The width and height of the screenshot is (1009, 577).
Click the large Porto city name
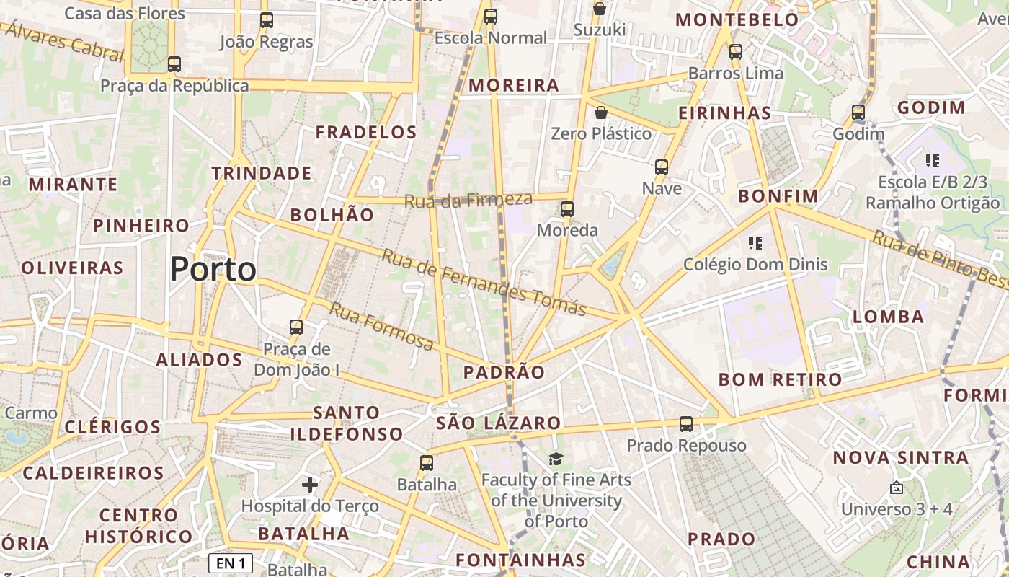(x=213, y=270)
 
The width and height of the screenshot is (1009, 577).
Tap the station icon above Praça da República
(x=174, y=63)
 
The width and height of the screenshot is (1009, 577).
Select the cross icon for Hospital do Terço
(x=310, y=484)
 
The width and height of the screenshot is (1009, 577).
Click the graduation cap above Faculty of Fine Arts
(x=556, y=459)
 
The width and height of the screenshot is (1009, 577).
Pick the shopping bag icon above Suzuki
(x=599, y=9)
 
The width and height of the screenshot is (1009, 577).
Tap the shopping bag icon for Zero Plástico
(x=600, y=113)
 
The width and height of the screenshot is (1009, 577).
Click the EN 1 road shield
(x=231, y=563)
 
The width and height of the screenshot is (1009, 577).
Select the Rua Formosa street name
(x=381, y=326)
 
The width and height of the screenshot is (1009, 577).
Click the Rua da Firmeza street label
(x=468, y=200)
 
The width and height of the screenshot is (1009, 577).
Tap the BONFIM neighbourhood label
(x=778, y=196)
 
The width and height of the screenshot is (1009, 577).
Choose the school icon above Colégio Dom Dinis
(x=755, y=242)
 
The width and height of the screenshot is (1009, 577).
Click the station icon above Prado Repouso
(x=686, y=423)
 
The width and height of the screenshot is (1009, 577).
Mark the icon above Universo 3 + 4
(x=897, y=488)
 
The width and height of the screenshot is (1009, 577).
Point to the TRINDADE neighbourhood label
(x=262, y=173)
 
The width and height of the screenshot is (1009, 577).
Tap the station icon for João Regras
(x=267, y=20)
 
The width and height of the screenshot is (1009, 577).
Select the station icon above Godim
(x=858, y=113)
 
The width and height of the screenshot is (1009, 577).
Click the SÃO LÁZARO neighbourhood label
(x=499, y=423)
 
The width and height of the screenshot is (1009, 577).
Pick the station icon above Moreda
(x=567, y=209)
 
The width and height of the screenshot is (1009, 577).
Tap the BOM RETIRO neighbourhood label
(x=781, y=379)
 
